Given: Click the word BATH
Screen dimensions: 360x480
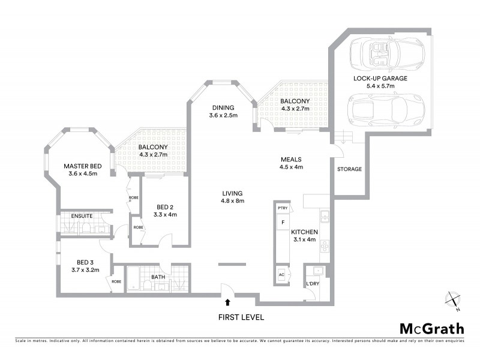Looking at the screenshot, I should (x=158, y=277).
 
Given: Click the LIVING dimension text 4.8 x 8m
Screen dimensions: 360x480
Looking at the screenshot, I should (x=232, y=201).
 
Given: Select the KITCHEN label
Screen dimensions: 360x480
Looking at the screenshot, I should (x=304, y=232).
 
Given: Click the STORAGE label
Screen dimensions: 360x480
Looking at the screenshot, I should (x=349, y=169).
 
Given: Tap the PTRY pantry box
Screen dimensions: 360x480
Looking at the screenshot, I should (x=283, y=208).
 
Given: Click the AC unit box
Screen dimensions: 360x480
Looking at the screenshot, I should (x=282, y=275).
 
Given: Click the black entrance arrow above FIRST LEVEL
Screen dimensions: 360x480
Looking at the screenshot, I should (x=227, y=302).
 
